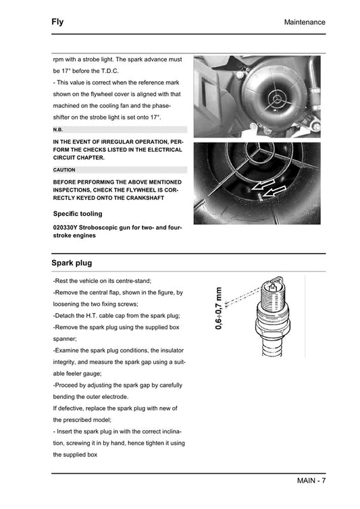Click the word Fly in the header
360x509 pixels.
click(x=57, y=22)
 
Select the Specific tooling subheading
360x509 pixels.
click(x=78, y=214)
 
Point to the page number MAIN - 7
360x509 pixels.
click(x=311, y=481)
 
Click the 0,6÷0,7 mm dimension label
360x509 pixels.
click(x=218, y=309)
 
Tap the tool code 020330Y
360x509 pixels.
click(x=68, y=228)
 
